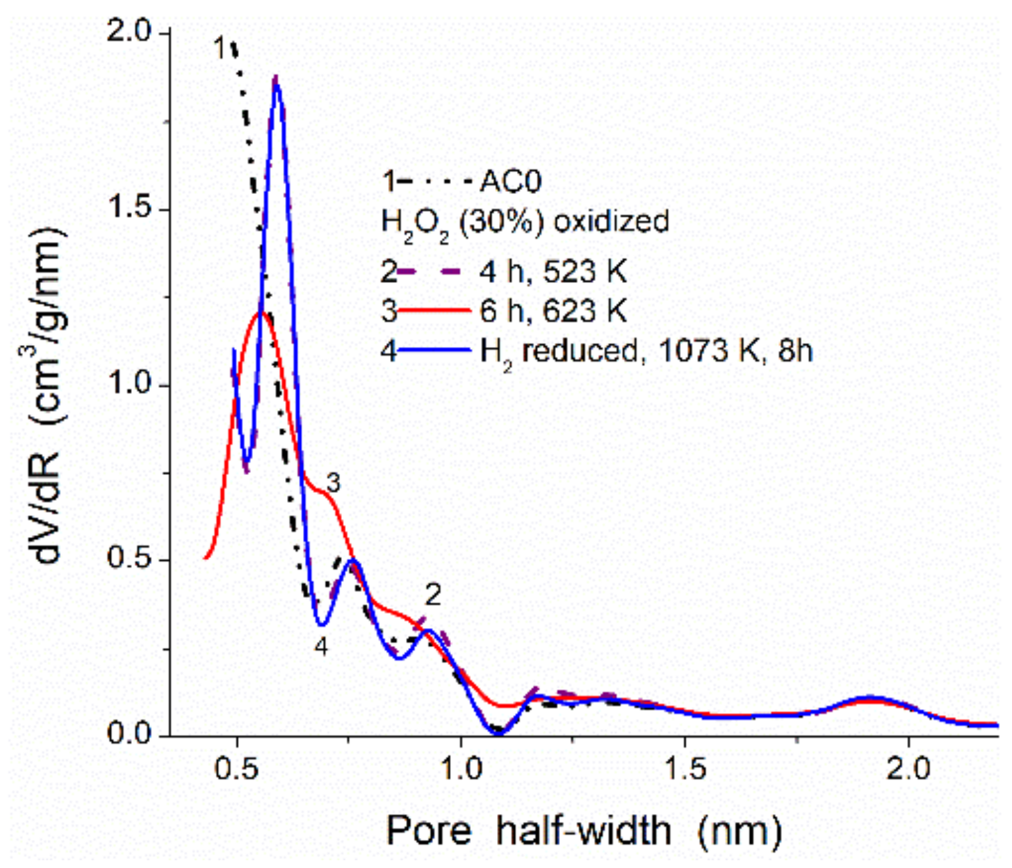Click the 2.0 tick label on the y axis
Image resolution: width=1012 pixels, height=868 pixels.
coord(128,32)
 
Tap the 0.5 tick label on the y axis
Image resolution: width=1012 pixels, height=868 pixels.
coord(128,559)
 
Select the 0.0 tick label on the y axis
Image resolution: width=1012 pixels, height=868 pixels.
coord(128,734)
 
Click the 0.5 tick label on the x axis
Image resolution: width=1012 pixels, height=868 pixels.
coord(237,769)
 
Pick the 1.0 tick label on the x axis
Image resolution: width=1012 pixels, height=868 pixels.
coord(461,769)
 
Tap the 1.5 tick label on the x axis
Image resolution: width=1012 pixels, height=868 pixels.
coord(685,769)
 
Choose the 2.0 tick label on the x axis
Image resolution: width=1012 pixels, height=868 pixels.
coord(908,769)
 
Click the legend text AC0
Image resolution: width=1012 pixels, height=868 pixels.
coord(510,182)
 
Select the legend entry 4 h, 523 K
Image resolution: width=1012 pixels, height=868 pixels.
coord(553,272)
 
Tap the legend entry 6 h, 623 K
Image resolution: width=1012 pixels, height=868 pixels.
coord(553,311)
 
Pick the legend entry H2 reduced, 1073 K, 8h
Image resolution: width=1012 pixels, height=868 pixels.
coord(646,351)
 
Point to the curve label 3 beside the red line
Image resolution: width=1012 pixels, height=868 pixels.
coord(332,483)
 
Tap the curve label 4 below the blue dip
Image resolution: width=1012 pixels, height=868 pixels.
coord(321,647)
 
